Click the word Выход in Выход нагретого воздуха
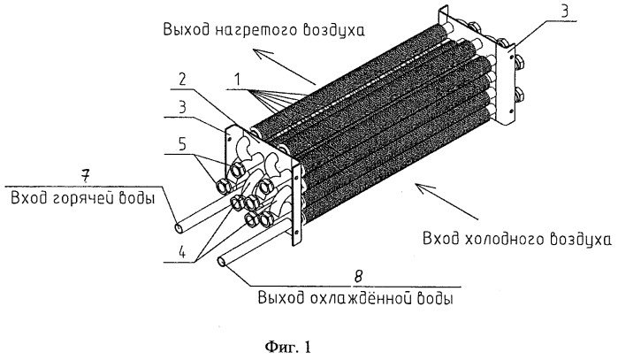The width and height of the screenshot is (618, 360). [183, 30]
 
